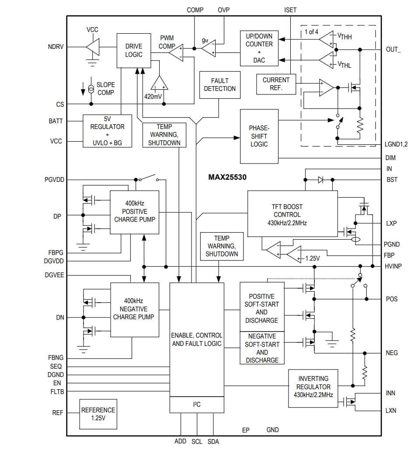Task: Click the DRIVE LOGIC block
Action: point(134,50)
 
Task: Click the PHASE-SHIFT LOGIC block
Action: point(259,136)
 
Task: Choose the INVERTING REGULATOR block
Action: point(313,387)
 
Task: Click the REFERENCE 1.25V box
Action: point(98,414)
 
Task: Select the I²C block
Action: point(197,405)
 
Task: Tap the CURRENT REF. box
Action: point(276,84)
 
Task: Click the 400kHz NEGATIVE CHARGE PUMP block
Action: point(134,310)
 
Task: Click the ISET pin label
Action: point(290,10)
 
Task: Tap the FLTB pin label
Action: point(57,392)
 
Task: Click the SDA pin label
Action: point(213,442)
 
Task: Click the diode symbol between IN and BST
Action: point(320,180)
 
